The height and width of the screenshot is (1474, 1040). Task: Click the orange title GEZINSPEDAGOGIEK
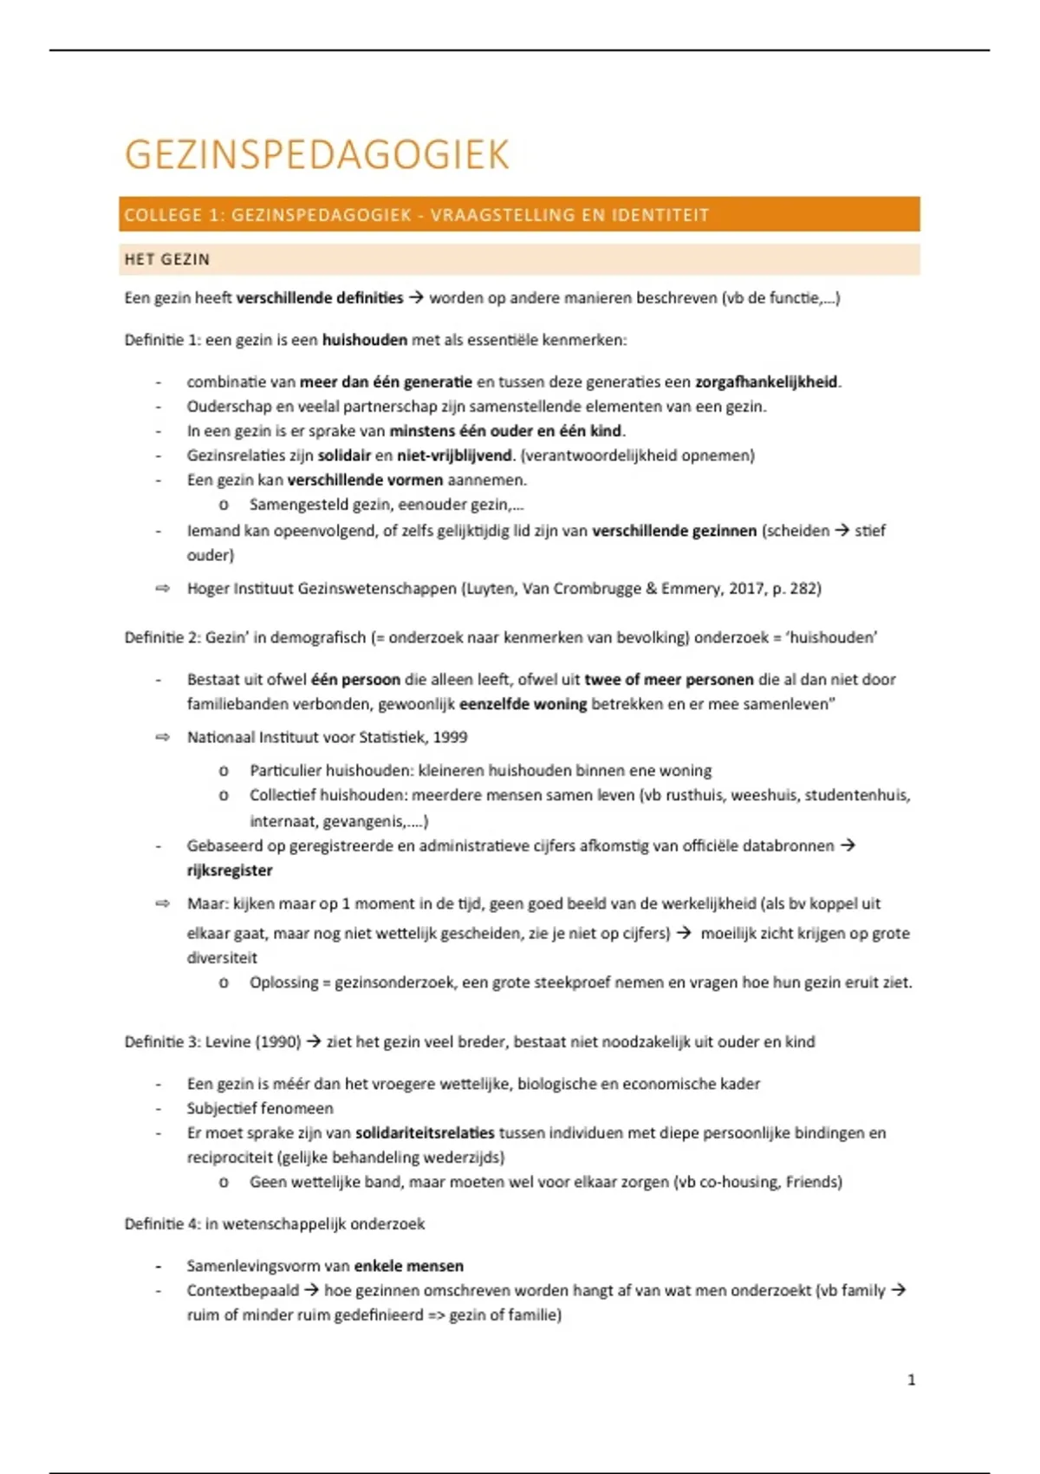pos(317,155)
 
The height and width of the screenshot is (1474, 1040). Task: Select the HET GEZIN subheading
pos(167,259)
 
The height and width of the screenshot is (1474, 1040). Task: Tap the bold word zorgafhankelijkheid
pos(767,382)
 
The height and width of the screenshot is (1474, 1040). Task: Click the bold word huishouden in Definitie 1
pos(364,340)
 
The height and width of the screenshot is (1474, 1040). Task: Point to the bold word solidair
pos(344,455)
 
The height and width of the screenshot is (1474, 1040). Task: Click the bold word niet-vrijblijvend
pos(454,455)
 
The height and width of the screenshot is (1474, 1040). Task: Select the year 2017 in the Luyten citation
pos(746,589)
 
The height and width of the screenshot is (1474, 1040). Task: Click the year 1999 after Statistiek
pos(450,737)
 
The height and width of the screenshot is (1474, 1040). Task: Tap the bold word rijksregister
pos(230,871)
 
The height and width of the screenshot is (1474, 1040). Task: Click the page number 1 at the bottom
pos(911,1379)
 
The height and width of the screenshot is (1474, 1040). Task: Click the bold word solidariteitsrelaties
pos(425,1132)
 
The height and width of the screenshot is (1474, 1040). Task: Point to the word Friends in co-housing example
pos(811,1182)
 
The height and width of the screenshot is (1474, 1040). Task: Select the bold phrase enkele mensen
pos(409,1266)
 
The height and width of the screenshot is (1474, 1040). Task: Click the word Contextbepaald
pos(243,1290)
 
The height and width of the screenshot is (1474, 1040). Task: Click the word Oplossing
pos(283,982)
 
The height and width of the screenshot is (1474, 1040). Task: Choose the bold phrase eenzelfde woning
pos(523,704)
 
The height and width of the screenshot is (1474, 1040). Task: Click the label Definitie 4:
pos(162,1223)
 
